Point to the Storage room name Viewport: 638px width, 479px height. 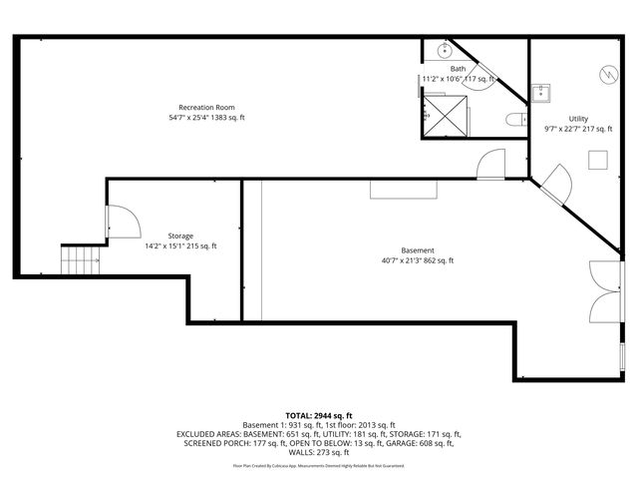point(180,236)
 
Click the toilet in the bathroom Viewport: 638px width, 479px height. point(514,121)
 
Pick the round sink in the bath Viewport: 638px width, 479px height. point(443,50)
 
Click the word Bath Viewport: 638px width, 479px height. point(458,68)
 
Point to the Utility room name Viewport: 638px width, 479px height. point(578,119)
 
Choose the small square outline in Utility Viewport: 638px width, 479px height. point(597,160)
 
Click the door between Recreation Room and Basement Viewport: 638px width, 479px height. point(492,165)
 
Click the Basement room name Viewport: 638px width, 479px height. point(418,250)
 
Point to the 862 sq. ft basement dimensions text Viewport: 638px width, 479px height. point(418,260)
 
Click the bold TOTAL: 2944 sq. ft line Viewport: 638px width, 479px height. point(319,414)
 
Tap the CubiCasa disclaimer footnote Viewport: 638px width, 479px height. point(319,465)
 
